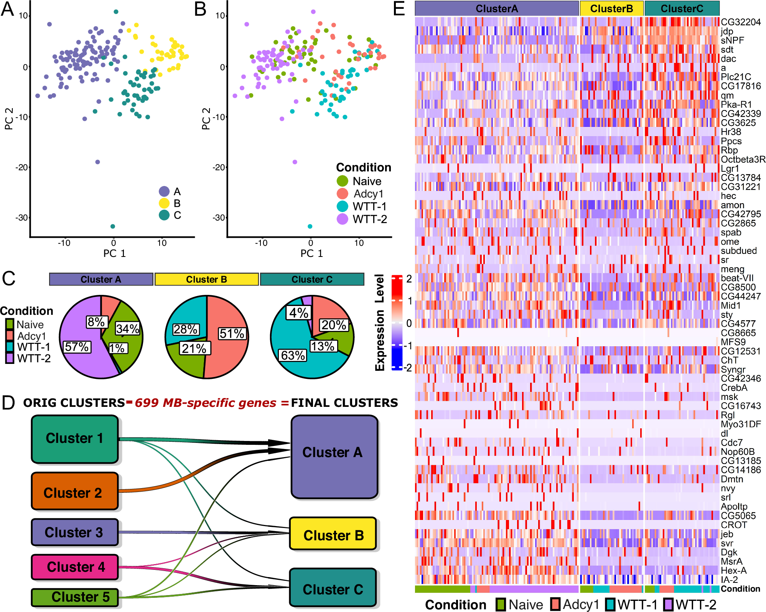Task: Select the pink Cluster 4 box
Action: point(75,567)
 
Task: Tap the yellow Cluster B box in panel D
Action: point(333,534)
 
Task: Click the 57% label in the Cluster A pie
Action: point(77,347)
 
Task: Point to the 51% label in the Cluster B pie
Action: point(232,334)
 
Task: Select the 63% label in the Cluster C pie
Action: point(293,355)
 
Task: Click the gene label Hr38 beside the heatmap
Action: point(731,132)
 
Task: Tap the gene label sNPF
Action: point(732,40)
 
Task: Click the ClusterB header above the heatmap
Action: point(611,8)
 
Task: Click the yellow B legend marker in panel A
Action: point(164,203)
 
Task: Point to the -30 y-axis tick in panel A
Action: point(21,218)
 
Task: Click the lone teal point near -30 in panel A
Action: point(113,226)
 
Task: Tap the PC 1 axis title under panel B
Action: point(311,253)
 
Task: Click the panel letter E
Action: point(399,8)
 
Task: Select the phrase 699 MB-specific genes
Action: point(206,403)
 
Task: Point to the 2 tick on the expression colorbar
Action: point(409,279)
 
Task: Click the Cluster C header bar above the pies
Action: point(312,279)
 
